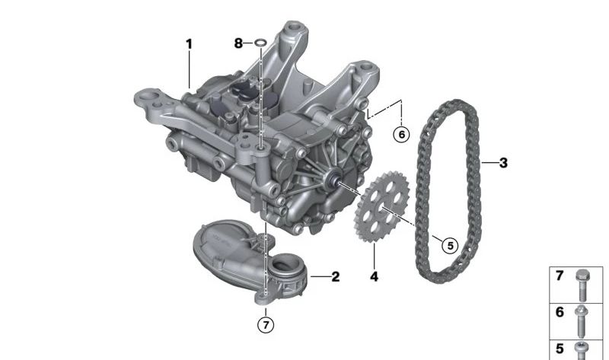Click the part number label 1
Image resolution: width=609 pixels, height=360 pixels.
click(x=188, y=44)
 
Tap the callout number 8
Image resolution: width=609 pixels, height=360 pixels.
click(x=239, y=44)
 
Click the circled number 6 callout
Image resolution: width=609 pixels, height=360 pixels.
click(x=401, y=134)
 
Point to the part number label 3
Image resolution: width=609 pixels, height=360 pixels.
click(x=503, y=162)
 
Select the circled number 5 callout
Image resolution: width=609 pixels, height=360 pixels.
click(x=449, y=245)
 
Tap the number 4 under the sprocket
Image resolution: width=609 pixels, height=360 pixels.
click(x=374, y=277)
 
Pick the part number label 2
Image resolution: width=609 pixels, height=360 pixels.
click(x=335, y=277)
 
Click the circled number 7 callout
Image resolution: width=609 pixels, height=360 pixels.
click(x=264, y=325)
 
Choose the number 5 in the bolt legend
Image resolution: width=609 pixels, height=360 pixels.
click(x=560, y=349)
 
